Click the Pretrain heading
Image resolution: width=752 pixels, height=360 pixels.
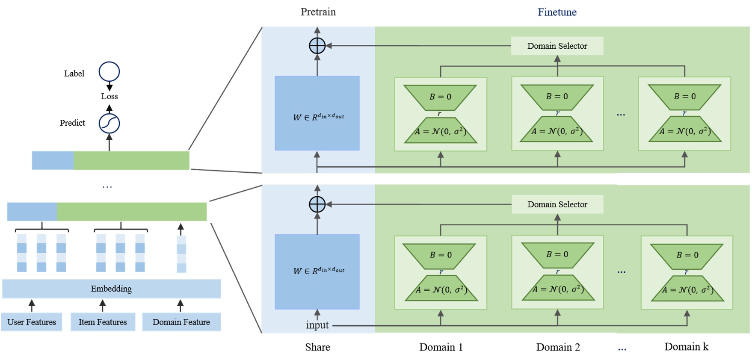point(318,12)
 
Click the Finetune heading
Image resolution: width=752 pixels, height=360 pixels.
point(557,12)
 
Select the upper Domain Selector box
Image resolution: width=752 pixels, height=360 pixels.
point(557,46)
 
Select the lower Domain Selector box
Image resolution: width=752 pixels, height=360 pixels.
point(557,204)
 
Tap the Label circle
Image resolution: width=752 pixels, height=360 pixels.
point(109,72)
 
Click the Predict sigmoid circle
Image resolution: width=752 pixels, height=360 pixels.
point(109,124)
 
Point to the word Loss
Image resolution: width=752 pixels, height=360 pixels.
point(110,97)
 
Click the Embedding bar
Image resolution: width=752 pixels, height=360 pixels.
point(111,289)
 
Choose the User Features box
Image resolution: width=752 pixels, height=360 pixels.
point(32,322)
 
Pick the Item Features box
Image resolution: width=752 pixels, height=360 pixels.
point(103,322)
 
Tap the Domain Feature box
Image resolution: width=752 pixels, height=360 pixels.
point(181,322)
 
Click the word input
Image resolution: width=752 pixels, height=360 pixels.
point(317,325)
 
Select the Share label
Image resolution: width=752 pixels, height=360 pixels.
point(317,347)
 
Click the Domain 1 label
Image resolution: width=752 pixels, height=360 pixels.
point(441,347)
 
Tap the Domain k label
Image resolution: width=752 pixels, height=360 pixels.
point(686,347)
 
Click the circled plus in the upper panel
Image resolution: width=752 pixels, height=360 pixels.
point(317,46)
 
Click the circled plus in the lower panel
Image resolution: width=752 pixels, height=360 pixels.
point(317,204)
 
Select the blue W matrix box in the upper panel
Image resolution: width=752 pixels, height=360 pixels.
point(317,113)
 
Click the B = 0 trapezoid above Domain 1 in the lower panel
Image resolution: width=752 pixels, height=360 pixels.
point(440,255)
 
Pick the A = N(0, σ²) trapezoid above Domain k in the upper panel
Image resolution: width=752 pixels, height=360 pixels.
point(685,131)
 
